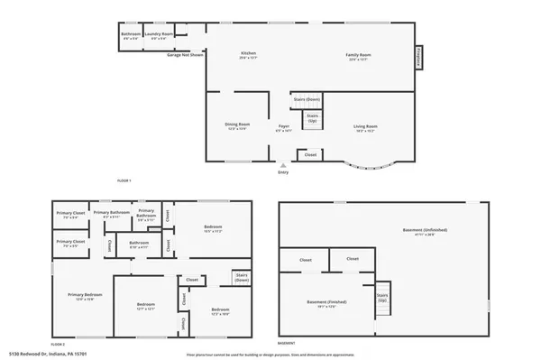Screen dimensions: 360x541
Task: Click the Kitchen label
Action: click(x=248, y=55)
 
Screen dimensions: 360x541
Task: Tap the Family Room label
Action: click(x=359, y=55)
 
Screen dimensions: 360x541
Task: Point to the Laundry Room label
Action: click(x=161, y=36)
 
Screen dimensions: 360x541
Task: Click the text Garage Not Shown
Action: click(x=185, y=54)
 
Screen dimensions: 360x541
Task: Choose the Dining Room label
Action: click(x=237, y=125)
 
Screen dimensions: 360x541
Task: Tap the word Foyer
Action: click(x=283, y=125)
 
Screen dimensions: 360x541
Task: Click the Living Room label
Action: click(x=364, y=125)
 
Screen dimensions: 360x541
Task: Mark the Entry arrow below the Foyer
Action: click(x=283, y=166)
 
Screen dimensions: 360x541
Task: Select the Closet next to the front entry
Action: click(x=310, y=155)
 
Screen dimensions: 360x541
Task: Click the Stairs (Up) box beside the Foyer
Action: click(x=312, y=117)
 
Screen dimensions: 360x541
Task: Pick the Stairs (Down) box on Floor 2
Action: click(x=241, y=278)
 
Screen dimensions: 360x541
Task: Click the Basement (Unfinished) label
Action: click(x=426, y=231)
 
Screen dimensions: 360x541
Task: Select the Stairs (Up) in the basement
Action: click(x=381, y=298)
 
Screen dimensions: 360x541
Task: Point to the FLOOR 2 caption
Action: click(x=60, y=343)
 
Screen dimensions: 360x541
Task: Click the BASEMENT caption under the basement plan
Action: click(x=286, y=343)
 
